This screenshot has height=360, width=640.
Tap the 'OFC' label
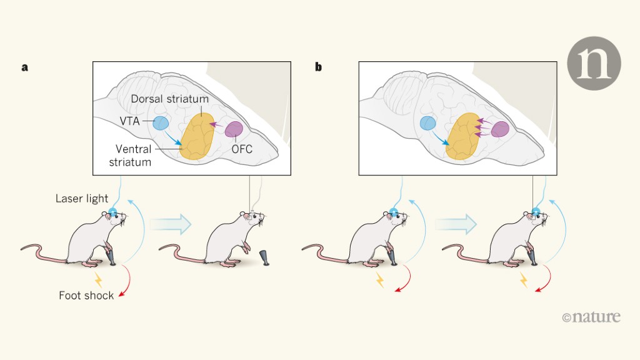pos(243,151)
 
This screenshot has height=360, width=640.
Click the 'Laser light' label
pos(81,199)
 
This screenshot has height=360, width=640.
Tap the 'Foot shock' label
pos(86,295)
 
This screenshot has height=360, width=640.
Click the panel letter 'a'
pos(25,67)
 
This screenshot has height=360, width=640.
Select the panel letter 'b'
pos(319,67)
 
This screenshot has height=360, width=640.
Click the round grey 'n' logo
pos(594,63)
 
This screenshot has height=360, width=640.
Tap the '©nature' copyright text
pos(591,317)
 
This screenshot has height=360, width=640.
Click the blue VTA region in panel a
pos(161,123)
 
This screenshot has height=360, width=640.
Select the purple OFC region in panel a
pos(234,129)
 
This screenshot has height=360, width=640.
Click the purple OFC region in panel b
pos(500,129)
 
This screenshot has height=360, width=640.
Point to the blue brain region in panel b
pos(428,123)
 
